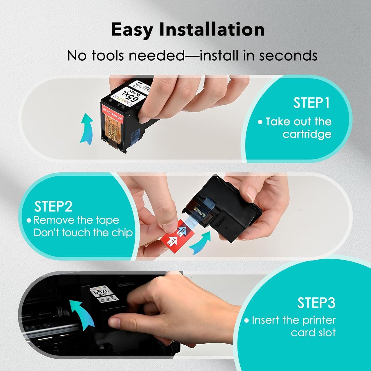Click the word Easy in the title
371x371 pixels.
pos(132,30)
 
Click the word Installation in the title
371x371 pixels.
pos(212,30)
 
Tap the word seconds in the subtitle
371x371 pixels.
pos(288,55)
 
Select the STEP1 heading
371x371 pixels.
pos(311,103)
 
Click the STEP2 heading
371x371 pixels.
pos(53,206)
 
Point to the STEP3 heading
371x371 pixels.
pos(316,303)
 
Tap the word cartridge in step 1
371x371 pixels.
pos(307,134)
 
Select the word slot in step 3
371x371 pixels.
pos(326,332)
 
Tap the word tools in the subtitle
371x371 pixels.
pos(108,55)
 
